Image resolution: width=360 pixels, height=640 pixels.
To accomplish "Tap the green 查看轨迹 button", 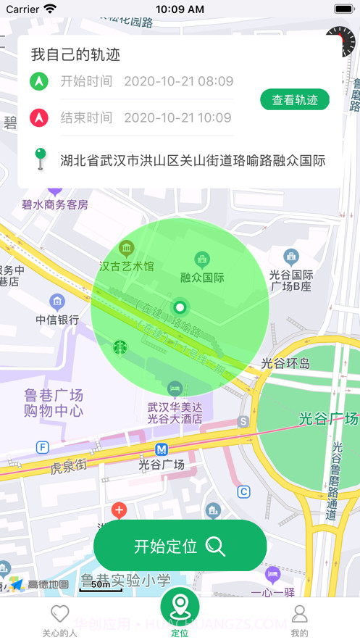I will point(294,100).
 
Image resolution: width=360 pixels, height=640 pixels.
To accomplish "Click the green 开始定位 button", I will point(180,547).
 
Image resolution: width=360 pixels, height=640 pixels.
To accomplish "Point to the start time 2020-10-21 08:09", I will point(178,81).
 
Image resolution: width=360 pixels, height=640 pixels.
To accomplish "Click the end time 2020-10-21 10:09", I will point(177,117).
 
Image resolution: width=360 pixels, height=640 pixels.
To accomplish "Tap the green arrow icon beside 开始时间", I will point(39,81).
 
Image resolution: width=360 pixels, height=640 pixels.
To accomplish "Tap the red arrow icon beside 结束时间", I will point(39,117).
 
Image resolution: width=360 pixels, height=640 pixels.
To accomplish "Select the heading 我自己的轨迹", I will point(75,54).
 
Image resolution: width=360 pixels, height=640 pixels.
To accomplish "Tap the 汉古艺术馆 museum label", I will point(127,266).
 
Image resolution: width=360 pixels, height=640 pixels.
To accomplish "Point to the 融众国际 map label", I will point(202,277).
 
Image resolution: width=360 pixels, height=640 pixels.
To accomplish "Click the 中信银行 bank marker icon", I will point(57,302).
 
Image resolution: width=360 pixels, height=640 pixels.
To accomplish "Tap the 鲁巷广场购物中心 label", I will point(54,403).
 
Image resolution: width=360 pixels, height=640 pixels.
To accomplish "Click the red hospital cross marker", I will point(119,510).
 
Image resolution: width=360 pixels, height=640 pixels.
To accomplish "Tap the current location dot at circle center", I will point(180,307).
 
